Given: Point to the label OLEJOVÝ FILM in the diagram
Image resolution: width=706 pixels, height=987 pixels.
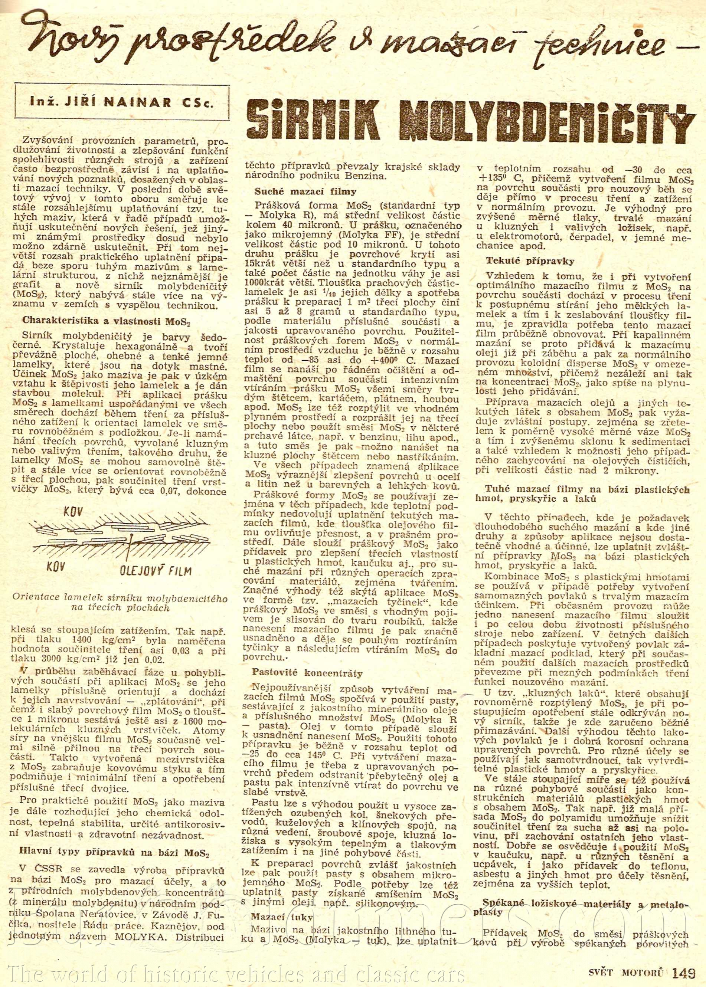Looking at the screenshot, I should coord(156,569).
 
